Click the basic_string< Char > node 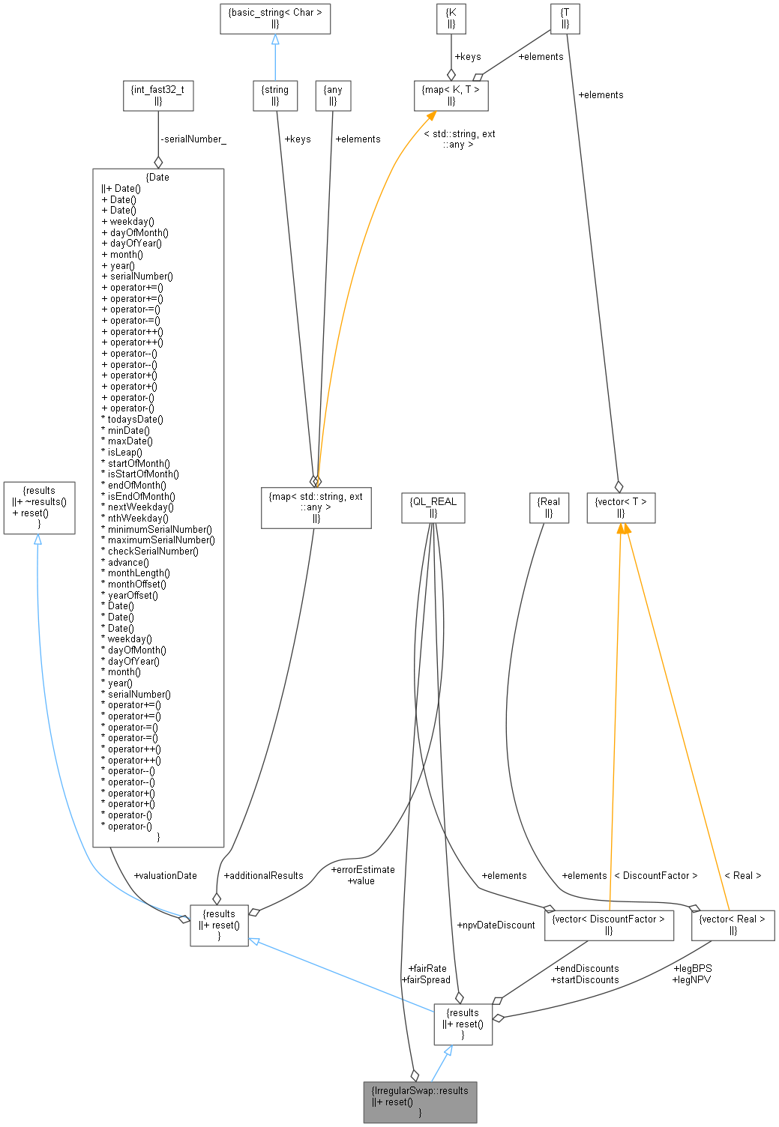pos(274,18)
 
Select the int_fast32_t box pos(157,95)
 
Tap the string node pos(275,95)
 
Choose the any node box pos(333,95)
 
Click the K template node pos(451,18)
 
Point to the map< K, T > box pos(451,95)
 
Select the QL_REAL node pos(433,507)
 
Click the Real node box pos(550,507)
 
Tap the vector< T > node pos(620,507)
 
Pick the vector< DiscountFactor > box pos(608,924)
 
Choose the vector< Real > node pos(732,924)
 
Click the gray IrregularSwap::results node pos(420,1101)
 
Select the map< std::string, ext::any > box pos(316,507)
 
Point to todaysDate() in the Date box pos(135,420)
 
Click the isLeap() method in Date pos(124,452)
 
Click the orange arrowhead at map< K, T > pos(430,116)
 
